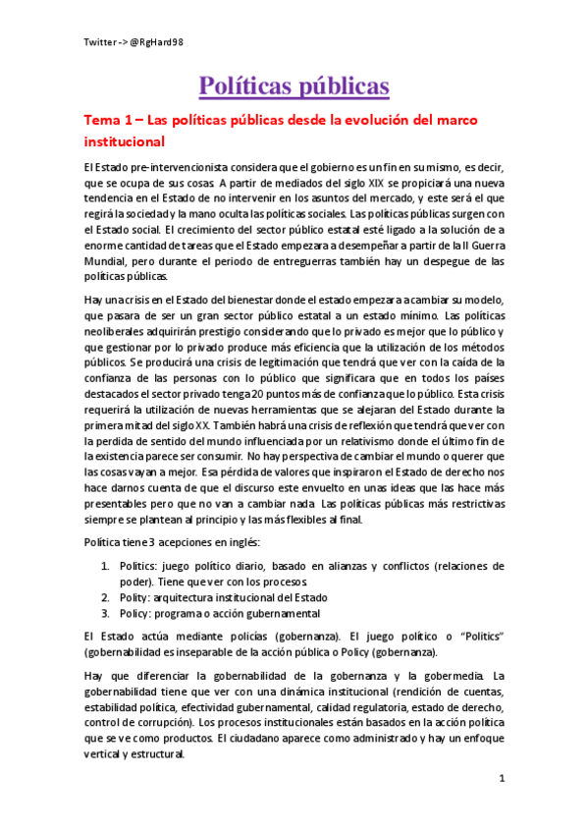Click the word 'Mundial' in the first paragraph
click(x=107, y=262)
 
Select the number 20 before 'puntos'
click(x=283, y=387)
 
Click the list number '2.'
click(x=107, y=597)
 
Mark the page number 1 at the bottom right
click(x=501, y=779)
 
